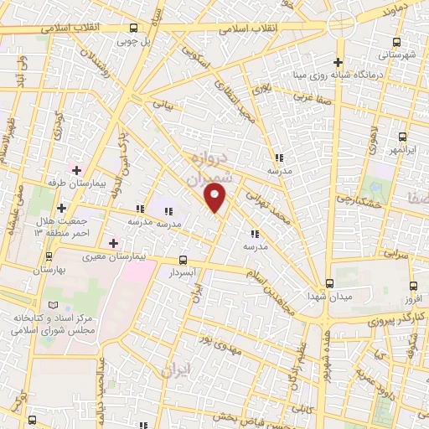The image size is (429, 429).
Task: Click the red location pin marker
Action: click(216, 199)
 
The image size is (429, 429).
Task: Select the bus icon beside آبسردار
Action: click(183, 259)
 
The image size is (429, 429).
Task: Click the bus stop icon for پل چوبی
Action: click(133, 28)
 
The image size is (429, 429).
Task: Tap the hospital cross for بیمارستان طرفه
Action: click(77, 169)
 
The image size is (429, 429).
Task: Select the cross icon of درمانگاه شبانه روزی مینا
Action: click(338, 62)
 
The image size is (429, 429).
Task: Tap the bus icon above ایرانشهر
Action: click(403, 137)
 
